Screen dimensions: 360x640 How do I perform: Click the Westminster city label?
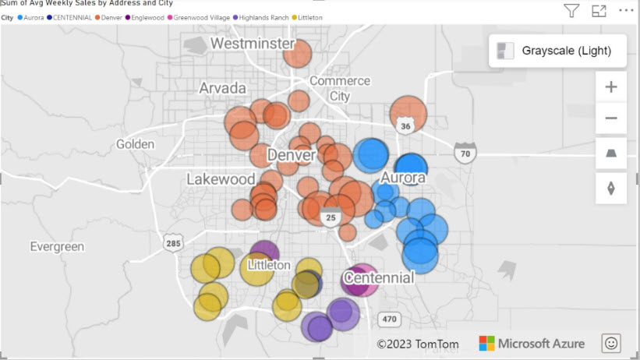pos(253,44)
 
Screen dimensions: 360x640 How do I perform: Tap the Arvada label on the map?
pos(222,87)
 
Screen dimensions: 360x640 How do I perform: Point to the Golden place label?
pos(135,144)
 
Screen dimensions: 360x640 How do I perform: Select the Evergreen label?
pos(57,246)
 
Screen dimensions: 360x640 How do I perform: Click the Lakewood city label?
pos(221,179)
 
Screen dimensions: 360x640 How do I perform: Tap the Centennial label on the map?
pos(379,277)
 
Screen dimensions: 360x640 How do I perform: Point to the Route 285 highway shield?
pos(173,244)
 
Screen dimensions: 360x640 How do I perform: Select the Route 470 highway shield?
pos(389,319)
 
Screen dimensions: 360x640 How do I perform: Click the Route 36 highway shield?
pos(404,125)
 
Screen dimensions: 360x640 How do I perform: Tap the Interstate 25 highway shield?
pos(331,217)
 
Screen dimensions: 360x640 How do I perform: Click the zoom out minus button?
pos(610,118)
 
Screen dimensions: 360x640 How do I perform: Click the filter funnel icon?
pos(571,10)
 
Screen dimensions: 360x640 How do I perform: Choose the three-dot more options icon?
pos(626,10)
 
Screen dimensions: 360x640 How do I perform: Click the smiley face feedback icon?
pos(611,343)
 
